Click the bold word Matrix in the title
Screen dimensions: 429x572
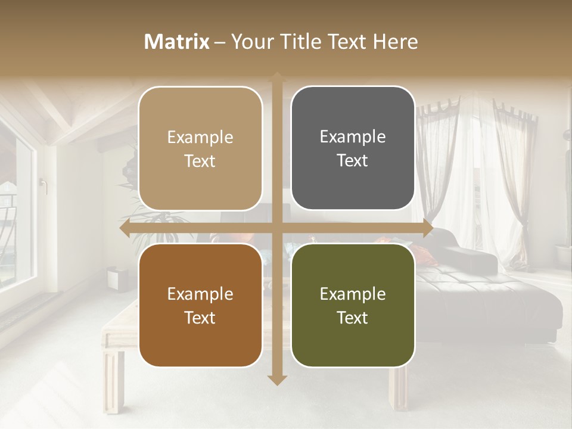pyautogui.click(x=177, y=42)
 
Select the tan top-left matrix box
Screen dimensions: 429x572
pyautogui.click(x=200, y=149)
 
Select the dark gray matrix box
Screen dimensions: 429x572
pyautogui.click(x=353, y=148)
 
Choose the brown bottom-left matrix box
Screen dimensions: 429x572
pyautogui.click(x=200, y=305)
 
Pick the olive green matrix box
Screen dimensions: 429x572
pyautogui.click(x=353, y=305)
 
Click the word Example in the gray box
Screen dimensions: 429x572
pyautogui.click(x=353, y=136)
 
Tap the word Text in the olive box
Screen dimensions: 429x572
pyautogui.click(x=353, y=318)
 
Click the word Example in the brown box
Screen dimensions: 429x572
pyautogui.click(x=200, y=294)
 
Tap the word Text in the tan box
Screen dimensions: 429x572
pyautogui.click(x=200, y=161)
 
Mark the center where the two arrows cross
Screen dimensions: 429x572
pyautogui.click(x=276, y=228)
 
